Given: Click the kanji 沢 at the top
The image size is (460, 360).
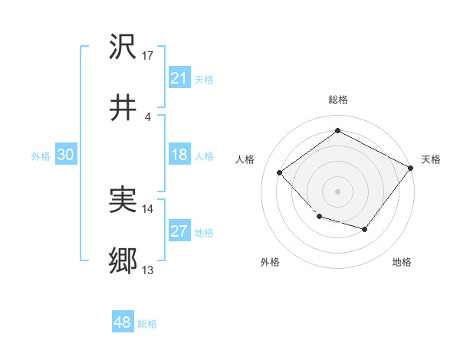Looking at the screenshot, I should point(123,47).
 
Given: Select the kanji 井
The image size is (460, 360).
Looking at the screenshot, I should point(123,107).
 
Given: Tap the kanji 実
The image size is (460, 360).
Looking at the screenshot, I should point(123,200).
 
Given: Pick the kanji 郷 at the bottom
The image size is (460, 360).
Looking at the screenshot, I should point(123,261).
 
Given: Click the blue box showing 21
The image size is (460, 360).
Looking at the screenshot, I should point(179,78).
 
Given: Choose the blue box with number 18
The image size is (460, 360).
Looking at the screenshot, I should point(179,155).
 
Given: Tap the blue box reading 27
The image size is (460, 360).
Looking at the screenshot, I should point(179,232).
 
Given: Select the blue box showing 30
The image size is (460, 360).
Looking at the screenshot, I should point(65,155).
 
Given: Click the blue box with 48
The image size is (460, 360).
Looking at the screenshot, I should point(122,322).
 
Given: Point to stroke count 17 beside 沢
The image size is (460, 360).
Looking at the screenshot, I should point(148,56).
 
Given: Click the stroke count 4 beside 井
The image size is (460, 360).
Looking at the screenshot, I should point(147,116).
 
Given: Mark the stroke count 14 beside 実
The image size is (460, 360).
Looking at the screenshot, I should point(148,208).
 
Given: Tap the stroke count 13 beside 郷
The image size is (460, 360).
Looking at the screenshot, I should point(148,270).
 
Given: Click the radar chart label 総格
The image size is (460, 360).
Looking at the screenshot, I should point(337,100).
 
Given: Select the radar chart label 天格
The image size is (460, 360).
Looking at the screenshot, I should point(431,159).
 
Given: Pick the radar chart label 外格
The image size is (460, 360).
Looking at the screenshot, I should point(270,262).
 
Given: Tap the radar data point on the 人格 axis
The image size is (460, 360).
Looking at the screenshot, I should point(280,173).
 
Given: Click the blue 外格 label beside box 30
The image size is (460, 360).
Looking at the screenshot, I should point(41,155).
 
